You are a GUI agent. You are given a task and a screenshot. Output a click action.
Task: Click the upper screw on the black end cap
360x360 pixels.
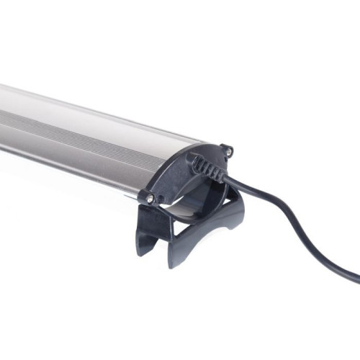pyautogui.click(x=228, y=150)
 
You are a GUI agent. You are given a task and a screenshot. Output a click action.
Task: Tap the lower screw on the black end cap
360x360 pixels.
pyautogui.click(x=150, y=197)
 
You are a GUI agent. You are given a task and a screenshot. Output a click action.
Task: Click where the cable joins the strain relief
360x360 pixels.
pyautogui.click(x=225, y=176)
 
